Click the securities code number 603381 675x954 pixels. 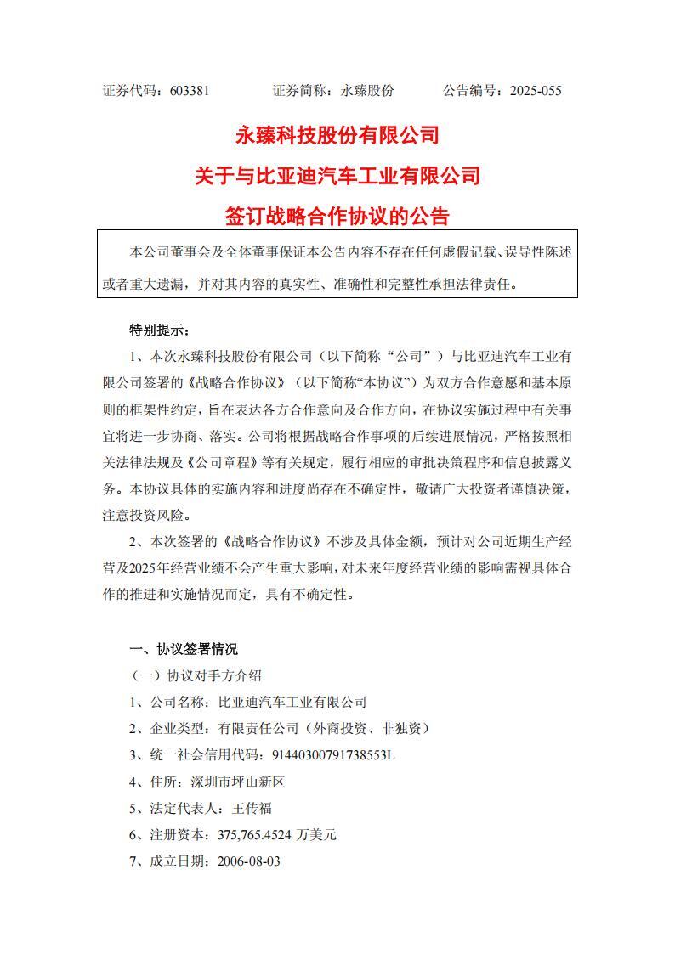point(190,90)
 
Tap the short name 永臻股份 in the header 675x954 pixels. point(367,90)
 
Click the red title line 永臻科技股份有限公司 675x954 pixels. point(337,135)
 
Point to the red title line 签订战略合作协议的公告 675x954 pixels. point(337,217)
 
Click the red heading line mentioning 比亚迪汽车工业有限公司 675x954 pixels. point(337,176)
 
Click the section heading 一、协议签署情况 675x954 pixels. point(184,650)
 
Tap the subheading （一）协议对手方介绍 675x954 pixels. point(196,676)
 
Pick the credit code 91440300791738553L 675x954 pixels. point(333,754)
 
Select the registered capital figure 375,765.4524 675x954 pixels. point(255,834)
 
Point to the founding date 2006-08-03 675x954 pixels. point(249,861)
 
